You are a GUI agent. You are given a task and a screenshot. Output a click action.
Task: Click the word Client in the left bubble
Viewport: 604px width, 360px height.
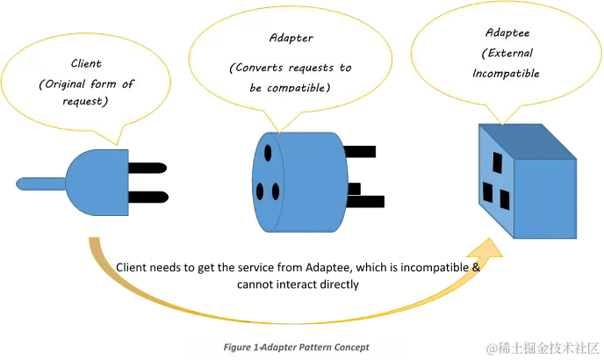[x=86, y=63]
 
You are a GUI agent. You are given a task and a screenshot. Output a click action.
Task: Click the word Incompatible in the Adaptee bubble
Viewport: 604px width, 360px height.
[x=505, y=74]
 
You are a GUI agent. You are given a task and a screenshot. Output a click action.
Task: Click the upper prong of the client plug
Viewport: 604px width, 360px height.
[x=147, y=168]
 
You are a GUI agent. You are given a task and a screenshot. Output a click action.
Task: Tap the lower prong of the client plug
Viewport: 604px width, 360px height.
[x=147, y=197]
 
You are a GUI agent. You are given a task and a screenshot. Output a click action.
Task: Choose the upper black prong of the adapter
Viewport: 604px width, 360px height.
[x=362, y=151]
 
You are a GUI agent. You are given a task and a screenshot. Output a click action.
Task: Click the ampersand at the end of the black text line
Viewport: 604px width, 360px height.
[x=477, y=266]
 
